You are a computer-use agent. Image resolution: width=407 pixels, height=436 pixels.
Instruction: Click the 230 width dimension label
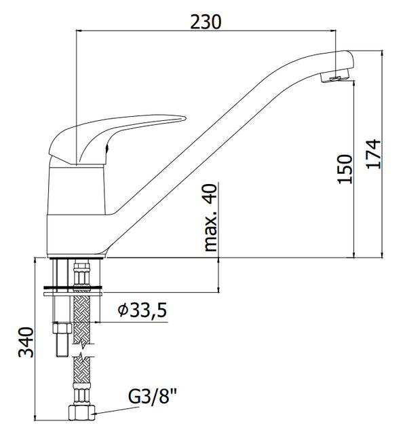point(206,22)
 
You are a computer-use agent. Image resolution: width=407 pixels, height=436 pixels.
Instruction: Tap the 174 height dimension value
point(373,153)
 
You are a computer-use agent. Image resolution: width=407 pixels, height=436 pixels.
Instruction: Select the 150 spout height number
point(345,169)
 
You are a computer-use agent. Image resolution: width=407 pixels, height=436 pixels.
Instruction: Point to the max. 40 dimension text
point(210,217)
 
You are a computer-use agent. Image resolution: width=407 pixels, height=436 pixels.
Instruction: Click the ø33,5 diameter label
point(142,310)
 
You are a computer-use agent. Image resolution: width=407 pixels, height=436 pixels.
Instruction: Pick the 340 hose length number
point(26,342)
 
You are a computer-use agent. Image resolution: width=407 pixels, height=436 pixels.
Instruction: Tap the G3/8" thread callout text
point(152,396)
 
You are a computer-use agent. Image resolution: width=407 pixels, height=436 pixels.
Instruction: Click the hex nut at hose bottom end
point(81,413)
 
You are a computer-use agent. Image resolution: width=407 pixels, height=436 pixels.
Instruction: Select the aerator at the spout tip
point(334,77)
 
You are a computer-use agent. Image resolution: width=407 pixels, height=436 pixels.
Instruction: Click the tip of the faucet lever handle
point(185,118)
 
